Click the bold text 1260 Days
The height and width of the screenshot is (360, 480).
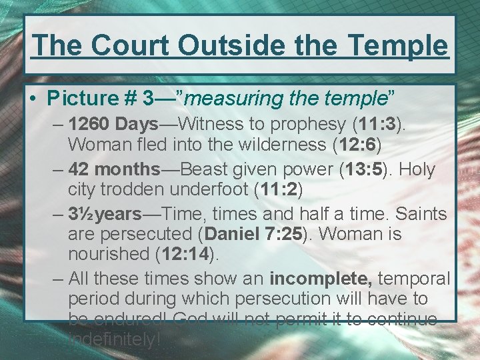[113, 124]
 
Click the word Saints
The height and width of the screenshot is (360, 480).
[421, 214]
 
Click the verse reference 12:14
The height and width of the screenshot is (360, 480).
[183, 254]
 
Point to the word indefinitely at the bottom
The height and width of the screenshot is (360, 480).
[113, 339]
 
